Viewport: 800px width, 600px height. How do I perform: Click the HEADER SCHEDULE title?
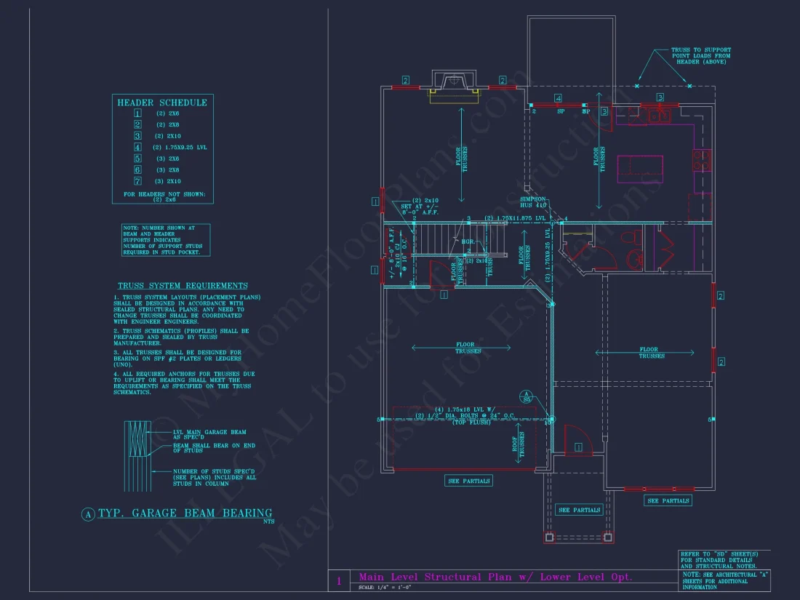click(162, 103)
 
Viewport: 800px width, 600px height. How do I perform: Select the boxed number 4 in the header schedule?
click(137, 147)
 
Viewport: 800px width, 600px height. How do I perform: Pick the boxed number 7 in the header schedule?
click(137, 180)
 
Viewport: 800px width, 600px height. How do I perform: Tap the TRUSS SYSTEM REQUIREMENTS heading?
click(183, 286)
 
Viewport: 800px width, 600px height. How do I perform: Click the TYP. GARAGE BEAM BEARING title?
click(185, 513)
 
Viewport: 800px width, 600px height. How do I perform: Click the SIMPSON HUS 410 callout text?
click(533, 202)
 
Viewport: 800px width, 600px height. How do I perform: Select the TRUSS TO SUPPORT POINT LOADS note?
click(700, 56)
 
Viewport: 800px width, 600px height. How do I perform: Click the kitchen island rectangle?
click(640, 169)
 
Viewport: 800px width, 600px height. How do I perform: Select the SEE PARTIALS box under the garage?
click(468, 481)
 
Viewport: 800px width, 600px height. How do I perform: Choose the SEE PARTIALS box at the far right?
click(668, 500)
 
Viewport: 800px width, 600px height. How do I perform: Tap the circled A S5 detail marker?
click(527, 396)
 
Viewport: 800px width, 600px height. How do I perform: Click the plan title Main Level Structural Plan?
click(495, 577)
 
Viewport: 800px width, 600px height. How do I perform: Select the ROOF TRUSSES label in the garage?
click(521, 444)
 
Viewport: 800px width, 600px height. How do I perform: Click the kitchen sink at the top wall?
click(659, 114)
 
